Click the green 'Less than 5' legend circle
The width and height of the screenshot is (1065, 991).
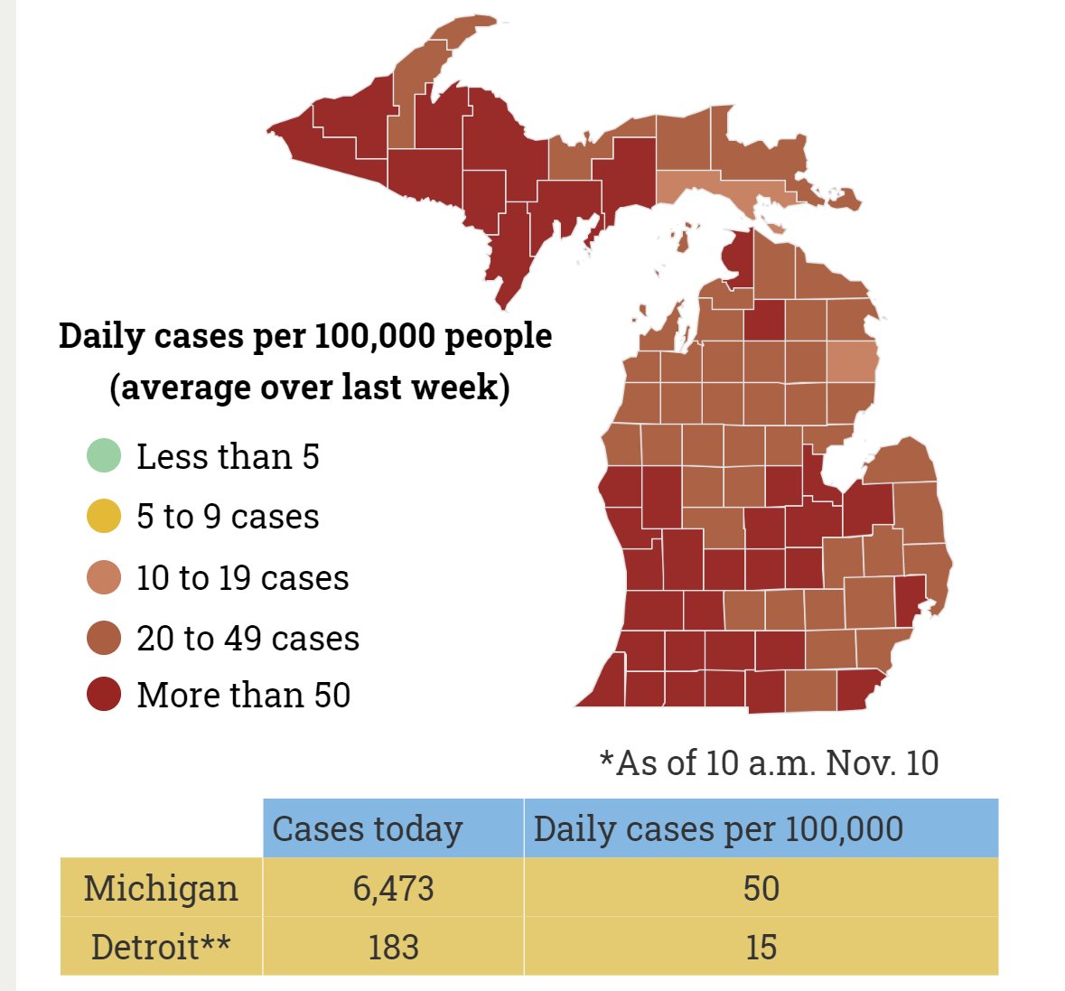pyautogui.click(x=104, y=455)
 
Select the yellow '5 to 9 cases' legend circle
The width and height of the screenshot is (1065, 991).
pyautogui.click(x=104, y=516)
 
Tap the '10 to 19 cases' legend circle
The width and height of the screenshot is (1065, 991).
pyautogui.click(x=104, y=577)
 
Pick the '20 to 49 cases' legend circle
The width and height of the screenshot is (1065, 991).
pyautogui.click(x=104, y=638)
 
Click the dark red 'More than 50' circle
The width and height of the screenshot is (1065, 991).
pyautogui.click(x=104, y=695)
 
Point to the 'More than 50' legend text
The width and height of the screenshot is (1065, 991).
pyautogui.click(x=243, y=695)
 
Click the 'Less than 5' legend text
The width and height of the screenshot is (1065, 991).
pyautogui.click(x=228, y=456)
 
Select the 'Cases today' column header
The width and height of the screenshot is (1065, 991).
pyautogui.click(x=367, y=828)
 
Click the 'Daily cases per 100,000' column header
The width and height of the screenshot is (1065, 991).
pyautogui.click(x=718, y=828)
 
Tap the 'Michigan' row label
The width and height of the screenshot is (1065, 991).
pyautogui.click(x=161, y=888)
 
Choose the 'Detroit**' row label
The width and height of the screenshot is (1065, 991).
pyautogui.click(x=161, y=947)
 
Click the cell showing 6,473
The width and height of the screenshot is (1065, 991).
pyautogui.click(x=393, y=888)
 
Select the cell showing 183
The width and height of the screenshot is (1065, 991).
pyautogui.click(x=393, y=947)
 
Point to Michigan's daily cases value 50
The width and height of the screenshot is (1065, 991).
pyautogui.click(x=761, y=888)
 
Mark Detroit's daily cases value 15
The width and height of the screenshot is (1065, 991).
pyautogui.click(x=761, y=947)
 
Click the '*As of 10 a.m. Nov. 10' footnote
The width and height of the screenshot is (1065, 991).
pyautogui.click(x=769, y=762)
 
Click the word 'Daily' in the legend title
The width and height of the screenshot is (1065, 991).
pyautogui.click(x=102, y=336)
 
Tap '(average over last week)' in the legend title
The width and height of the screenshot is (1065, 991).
pyautogui.click(x=309, y=388)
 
